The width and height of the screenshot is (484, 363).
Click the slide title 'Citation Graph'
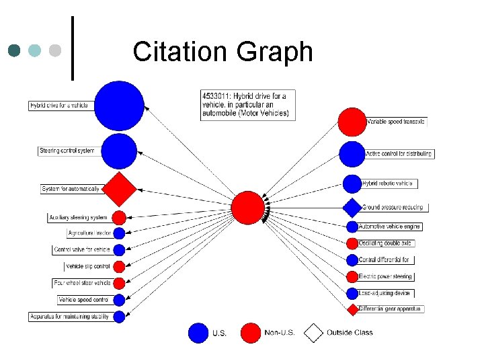[223, 52]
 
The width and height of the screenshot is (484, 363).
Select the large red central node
[248, 208]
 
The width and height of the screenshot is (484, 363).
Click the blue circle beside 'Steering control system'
[119, 151]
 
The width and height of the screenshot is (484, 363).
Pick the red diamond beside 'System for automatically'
[119, 189]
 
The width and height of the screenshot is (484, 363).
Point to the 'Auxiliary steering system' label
[78, 217]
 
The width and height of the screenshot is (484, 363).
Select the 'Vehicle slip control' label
[87, 266]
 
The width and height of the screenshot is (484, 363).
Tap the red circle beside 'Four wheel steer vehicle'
[119, 283]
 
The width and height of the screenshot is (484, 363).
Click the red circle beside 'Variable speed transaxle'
[351, 122]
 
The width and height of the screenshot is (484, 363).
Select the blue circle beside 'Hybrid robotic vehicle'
[352, 184]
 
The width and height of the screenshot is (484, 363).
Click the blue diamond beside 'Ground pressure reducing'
[352, 208]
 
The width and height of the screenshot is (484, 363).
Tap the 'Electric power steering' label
[386, 276]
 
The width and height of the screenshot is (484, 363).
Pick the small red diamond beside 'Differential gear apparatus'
[352, 309]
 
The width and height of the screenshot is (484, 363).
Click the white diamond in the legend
[314, 332]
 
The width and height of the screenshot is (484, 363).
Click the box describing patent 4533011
[247, 105]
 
